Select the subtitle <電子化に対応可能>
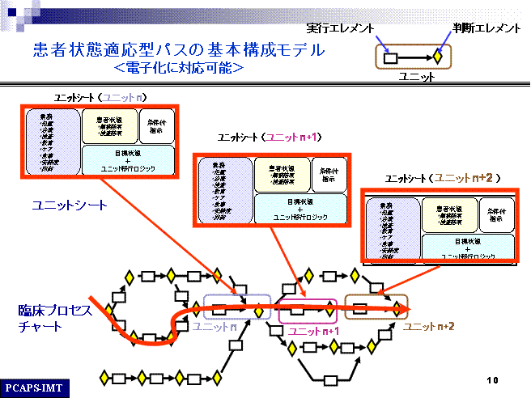click(179, 68)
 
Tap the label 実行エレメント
click(342, 28)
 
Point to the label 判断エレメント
click(485, 28)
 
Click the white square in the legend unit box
click(391, 57)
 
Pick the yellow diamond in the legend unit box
click(437, 57)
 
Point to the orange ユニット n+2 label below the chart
click(428, 326)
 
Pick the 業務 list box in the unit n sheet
click(52, 142)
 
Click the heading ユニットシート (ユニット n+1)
click(270, 138)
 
